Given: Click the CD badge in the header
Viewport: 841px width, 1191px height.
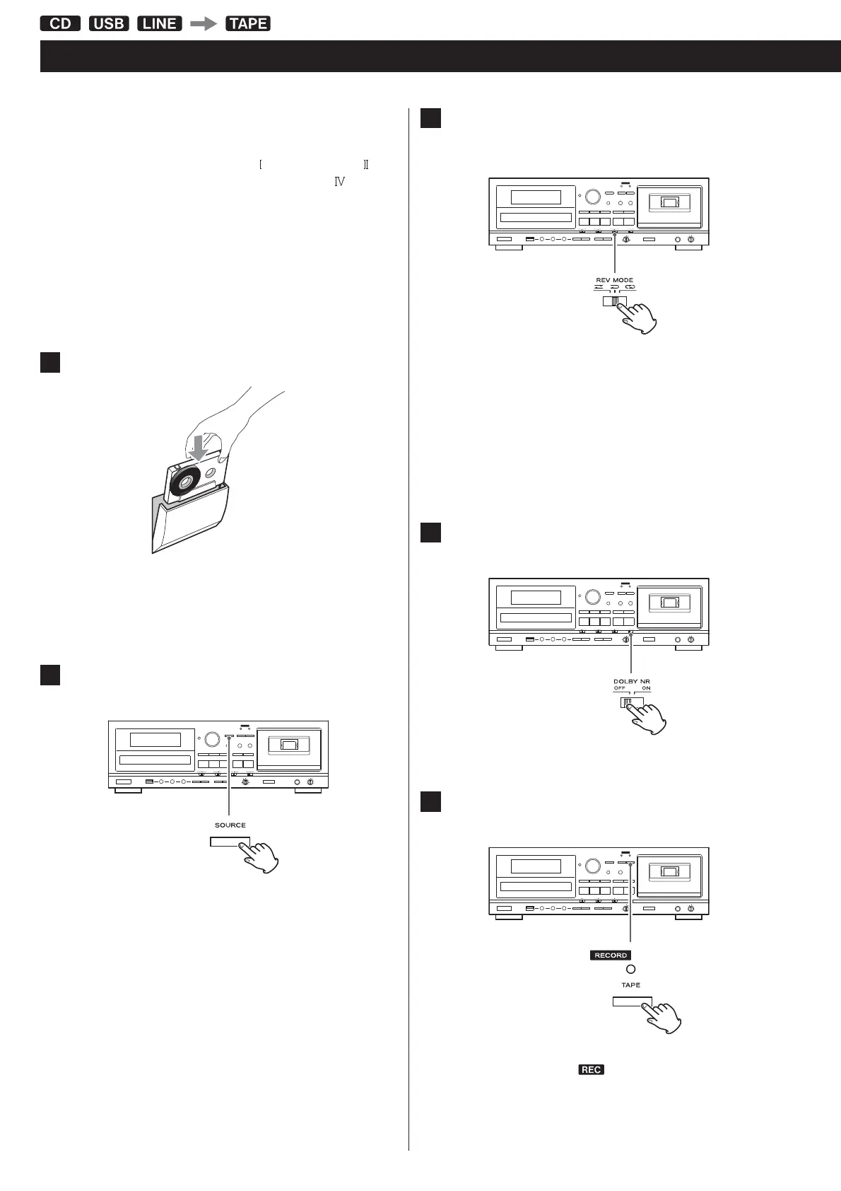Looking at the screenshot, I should (x=61, y=23).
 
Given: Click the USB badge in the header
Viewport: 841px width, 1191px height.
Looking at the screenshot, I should (x=109, y=23).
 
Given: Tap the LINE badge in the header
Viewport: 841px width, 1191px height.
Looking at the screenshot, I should (x=160, y=23).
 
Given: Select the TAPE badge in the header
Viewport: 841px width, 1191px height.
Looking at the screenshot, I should (x=248, y=23).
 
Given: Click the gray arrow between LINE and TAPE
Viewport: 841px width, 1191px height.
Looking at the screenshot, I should (x=204, y=23).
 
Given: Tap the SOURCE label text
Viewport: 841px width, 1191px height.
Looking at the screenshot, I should (x=230, y=825).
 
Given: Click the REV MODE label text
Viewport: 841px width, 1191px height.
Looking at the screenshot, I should (x=614, y=280).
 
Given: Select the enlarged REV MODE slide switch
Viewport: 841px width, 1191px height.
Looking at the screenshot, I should (x=613, y=301).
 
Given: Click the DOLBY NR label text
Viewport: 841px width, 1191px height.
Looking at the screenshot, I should (x=631, y=681).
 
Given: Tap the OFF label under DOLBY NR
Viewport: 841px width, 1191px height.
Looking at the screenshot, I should (x=620, y=688).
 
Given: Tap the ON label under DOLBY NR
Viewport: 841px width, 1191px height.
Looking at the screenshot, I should (x=646, y=688).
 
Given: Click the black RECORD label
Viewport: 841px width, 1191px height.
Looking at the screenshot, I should (x=611, y=955).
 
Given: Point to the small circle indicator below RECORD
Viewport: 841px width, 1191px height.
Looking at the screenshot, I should (x=630, y=970).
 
